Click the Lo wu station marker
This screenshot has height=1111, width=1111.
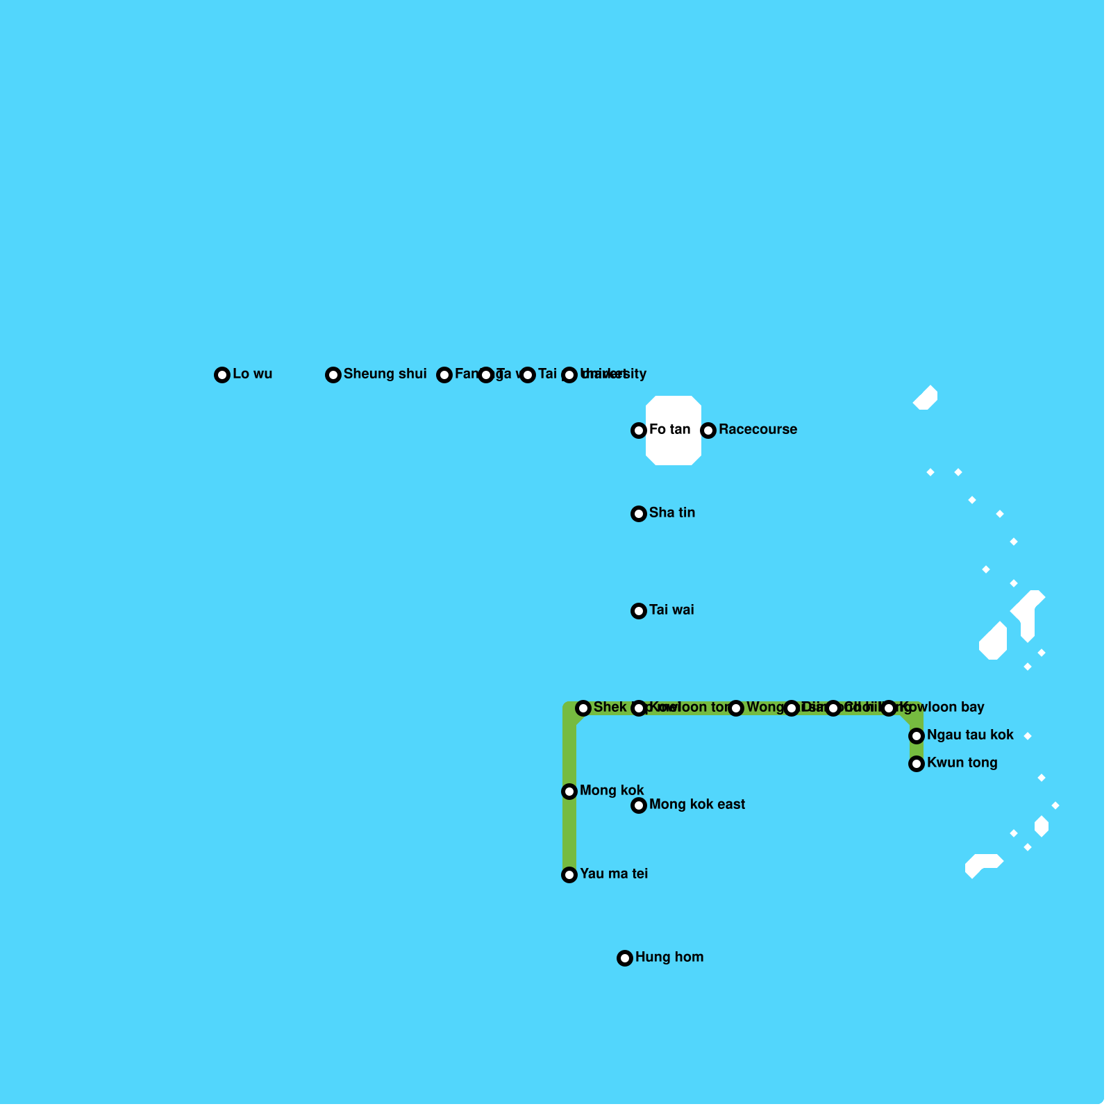[x=222, y=375]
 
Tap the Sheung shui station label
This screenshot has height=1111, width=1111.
[x=385, y=374]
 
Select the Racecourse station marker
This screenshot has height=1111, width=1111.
[x=708, y=431]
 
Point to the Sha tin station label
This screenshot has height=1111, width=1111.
[x=671, y=513]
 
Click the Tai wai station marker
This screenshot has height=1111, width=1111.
[x=639, y=611]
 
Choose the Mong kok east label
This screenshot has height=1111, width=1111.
[x=696, y=805]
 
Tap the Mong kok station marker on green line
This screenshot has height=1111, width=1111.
[x=569, y=792]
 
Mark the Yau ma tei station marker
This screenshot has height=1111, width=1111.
[x=569, y=875]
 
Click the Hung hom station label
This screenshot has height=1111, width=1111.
[x=669, y=958]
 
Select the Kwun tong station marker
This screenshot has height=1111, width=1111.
[x=917, y=764]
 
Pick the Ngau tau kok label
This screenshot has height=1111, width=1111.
[x=969, y=735]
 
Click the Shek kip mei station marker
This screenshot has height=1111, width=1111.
[x=583, y=708]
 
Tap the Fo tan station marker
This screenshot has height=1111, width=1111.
[x=639, y=431]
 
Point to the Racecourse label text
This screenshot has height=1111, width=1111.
[x=758, y=430]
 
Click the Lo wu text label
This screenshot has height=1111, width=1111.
[x=252, y=374]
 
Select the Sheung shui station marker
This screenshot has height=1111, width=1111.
[x=333, y=375]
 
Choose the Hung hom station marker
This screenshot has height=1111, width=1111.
[x=625, y=958]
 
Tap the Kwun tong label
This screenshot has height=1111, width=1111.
[x=962, y=763]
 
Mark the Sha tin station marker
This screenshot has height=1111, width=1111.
[x=639, y=514]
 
